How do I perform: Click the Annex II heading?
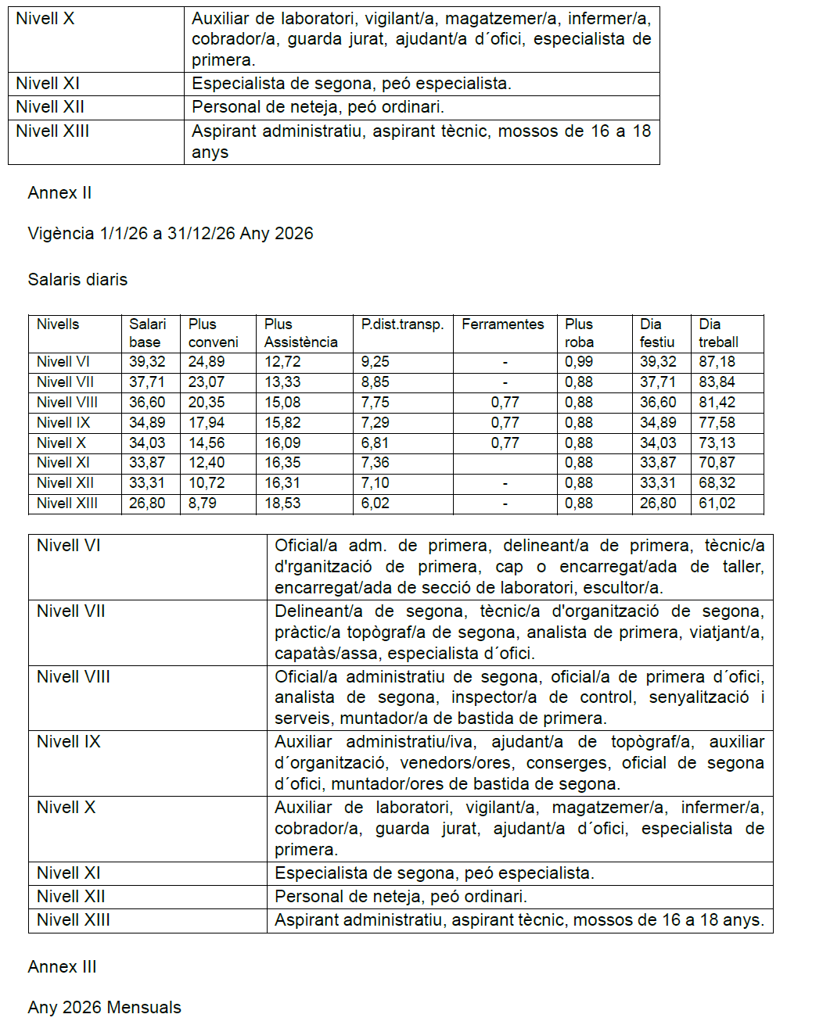(x=59, y=193)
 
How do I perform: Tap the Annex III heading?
(x=62, y=967)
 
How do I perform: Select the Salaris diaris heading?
(x=77, y=280)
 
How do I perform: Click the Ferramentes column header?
(x=502, y=324)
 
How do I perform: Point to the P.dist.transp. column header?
(x=402, y=324)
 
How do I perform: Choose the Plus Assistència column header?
(x=300, y=333)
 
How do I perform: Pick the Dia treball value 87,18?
(x=717, y=362)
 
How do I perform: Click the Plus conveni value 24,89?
(x=206, y=362)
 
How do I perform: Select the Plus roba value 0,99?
(x=579, y=362)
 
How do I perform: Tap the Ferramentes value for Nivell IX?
(x=505, y=423)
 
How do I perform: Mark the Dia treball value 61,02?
(x=717, y=503)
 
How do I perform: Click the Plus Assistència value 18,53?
(x=282, y=503)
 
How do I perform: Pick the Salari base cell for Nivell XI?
(x=147, y=463)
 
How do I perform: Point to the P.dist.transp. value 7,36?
(x=375, y=463)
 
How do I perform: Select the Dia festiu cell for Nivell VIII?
(x=658, y=403)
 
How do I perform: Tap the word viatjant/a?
(x=726, y=632)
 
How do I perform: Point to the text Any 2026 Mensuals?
(x=104, y=1008)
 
